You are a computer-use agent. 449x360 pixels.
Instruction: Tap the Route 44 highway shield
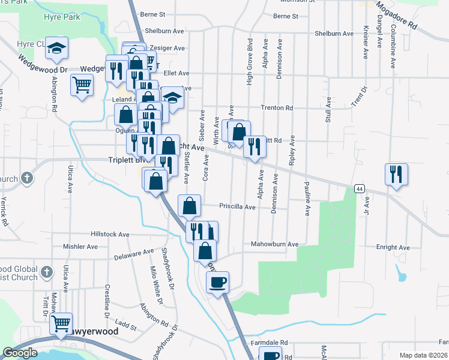(x=359, y=188)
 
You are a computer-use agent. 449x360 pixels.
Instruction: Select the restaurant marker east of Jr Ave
(x=396, y=175)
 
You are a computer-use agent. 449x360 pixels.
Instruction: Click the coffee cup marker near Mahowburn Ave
(x=217, y=281)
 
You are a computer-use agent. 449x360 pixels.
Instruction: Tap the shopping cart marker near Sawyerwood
(x=61, y=323)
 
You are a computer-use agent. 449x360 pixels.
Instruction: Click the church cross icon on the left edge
(x=26, y=178)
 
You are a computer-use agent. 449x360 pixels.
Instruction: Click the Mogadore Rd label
(x=396, y=16)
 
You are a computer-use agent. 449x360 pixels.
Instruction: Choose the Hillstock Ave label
(x=110, y=235)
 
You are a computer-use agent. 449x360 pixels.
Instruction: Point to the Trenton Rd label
(x=276, y=108)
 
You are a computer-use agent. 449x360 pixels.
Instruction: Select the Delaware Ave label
(x=134, y=254)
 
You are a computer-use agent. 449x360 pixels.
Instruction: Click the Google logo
(x=20, y=353)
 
